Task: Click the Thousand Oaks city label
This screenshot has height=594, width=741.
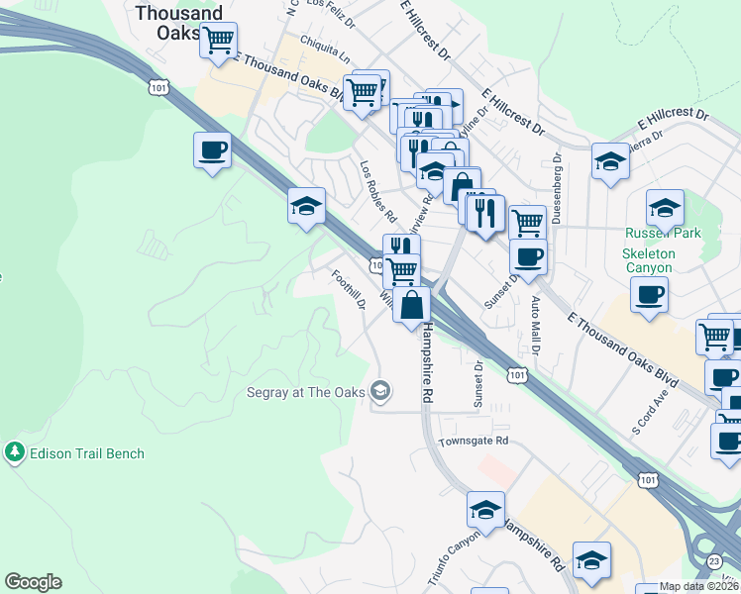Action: pos(178,22)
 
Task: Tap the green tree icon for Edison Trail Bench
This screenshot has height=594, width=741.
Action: pos(14,453)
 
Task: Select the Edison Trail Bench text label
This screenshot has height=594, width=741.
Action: pos(87,454)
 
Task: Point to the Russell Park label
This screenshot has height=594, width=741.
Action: pos(663,234)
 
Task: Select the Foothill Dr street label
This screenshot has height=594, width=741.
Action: pos(349,288)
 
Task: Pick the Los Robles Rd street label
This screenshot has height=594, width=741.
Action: pos(378,191)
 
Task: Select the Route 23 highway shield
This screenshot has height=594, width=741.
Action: pos(715,560)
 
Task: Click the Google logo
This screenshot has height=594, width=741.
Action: pos(33,582)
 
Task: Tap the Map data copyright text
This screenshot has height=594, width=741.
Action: pos(699,587)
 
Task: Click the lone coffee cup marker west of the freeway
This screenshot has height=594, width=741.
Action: pos(212,151)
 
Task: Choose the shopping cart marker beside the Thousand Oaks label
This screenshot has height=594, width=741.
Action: pos(218,43)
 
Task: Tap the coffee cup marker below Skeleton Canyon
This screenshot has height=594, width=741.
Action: pos(649,295)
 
